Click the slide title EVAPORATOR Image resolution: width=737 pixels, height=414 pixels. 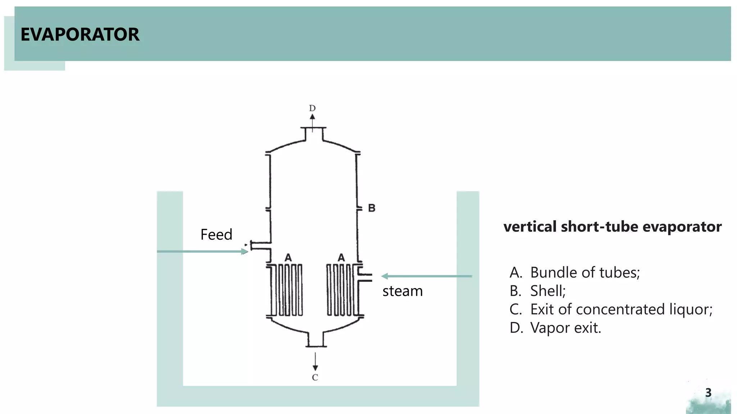(x=80, y=34)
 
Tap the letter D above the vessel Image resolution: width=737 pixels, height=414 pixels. (x=312, y=108)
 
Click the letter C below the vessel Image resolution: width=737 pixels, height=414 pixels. (x=315, y=377)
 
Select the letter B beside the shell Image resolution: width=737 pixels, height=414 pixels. (x=372, y=208)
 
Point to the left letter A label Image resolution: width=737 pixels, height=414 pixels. (x=288, y=258)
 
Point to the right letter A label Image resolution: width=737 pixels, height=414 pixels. (x=341, y=258)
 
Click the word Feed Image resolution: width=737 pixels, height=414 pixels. (x=216, y=235)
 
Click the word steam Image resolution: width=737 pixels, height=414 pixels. (x=402, y=291)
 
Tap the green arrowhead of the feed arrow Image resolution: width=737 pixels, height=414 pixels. (x=245, y=252)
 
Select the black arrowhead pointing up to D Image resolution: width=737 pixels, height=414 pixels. (x=312, y=117)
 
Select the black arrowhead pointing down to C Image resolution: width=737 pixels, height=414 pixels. (x=315, y=368)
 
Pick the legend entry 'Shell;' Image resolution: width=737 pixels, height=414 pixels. (x=548, y=291)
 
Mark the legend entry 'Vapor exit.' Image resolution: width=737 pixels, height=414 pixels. (x=565, y=328)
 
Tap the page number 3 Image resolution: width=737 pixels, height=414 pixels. (x=708, y=393)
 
